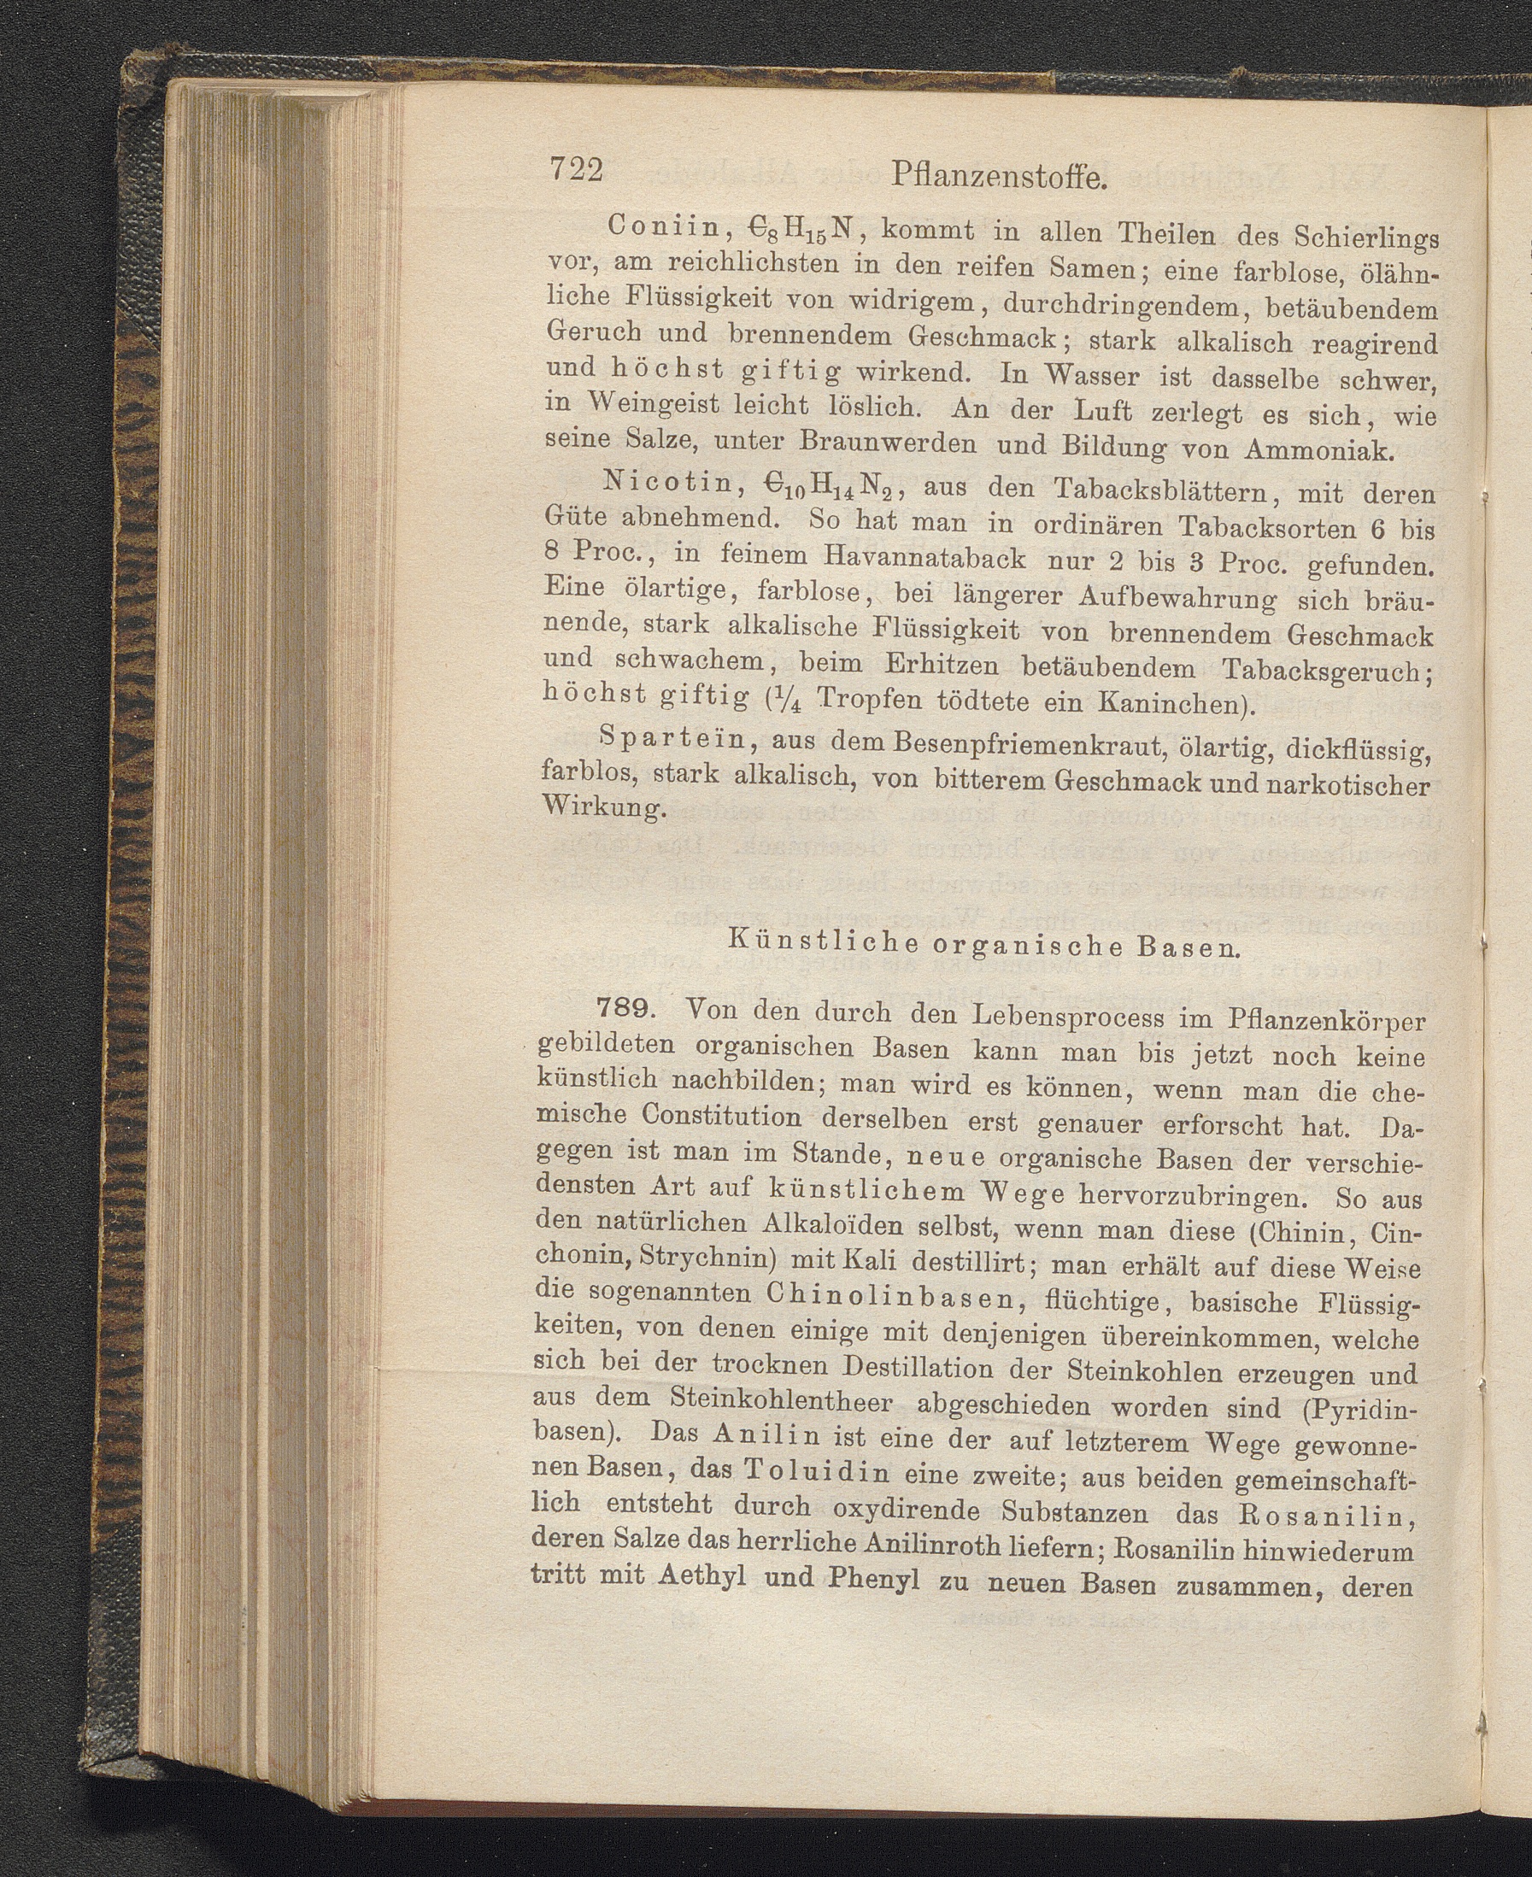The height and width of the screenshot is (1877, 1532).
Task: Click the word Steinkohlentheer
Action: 781,1400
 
